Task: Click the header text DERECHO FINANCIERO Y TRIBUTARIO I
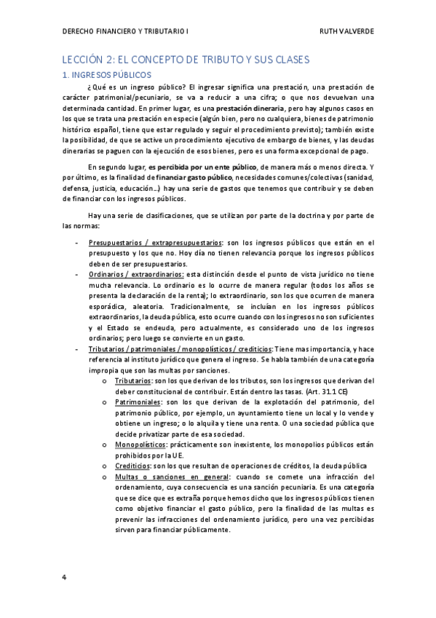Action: pyautogui.click(x=125, y=32)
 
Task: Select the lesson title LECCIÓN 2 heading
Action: pyautogui.click(x=184, y=59)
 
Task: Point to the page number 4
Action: pyautogui.click(x=64, y=576)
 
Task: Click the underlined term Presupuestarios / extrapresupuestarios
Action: pyautogui.click(x=154, y=242)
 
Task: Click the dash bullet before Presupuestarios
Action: pyautogui.click(x=77, y=242)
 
